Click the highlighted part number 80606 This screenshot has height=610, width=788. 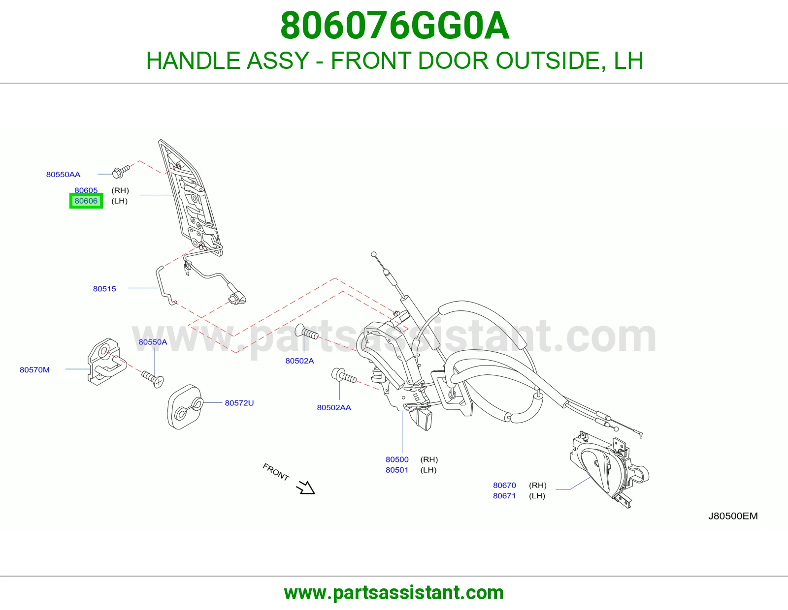[86, 201]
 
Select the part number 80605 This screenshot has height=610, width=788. [86, 190]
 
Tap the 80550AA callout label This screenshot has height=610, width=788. [63, 174]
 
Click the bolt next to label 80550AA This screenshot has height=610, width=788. [121, 172]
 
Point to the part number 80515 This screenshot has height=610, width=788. [104, 289]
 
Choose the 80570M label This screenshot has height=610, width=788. [34, 370]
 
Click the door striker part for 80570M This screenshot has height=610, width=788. [107, 362]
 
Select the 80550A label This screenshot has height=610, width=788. [153, 342]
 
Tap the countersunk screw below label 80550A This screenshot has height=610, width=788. [153, 379]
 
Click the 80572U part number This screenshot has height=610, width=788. [239, 403]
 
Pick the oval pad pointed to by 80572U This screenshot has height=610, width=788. [185, 407]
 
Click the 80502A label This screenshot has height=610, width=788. [299, 361]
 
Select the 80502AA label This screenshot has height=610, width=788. [334, 407]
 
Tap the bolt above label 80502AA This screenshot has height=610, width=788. [343, 376]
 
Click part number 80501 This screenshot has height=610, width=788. [397, 470]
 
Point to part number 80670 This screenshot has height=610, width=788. [504, 485]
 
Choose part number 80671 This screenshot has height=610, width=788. [504, 495]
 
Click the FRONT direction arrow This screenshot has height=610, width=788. [305, 487]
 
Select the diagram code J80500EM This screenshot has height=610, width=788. [733, 516]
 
